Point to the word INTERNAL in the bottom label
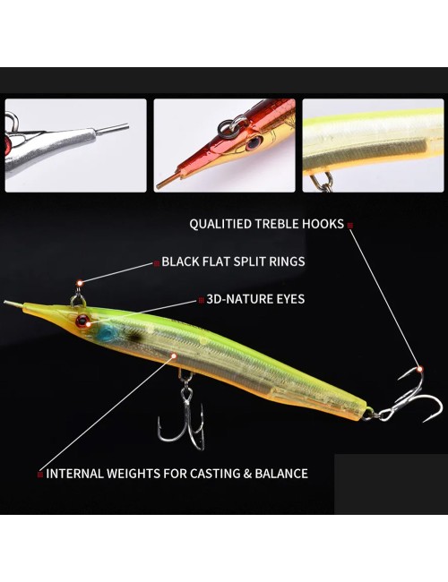(74, 474)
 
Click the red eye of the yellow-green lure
(82, 321)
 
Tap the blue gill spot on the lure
(106, 332)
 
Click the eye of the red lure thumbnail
(254, 141)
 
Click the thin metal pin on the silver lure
(112, 129)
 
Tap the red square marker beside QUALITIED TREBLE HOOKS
(350, 225)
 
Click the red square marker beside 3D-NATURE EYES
(202, 300)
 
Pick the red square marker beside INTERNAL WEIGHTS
(40, 475)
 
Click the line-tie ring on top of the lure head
(77, 300)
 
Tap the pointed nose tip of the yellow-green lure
(5, 302)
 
